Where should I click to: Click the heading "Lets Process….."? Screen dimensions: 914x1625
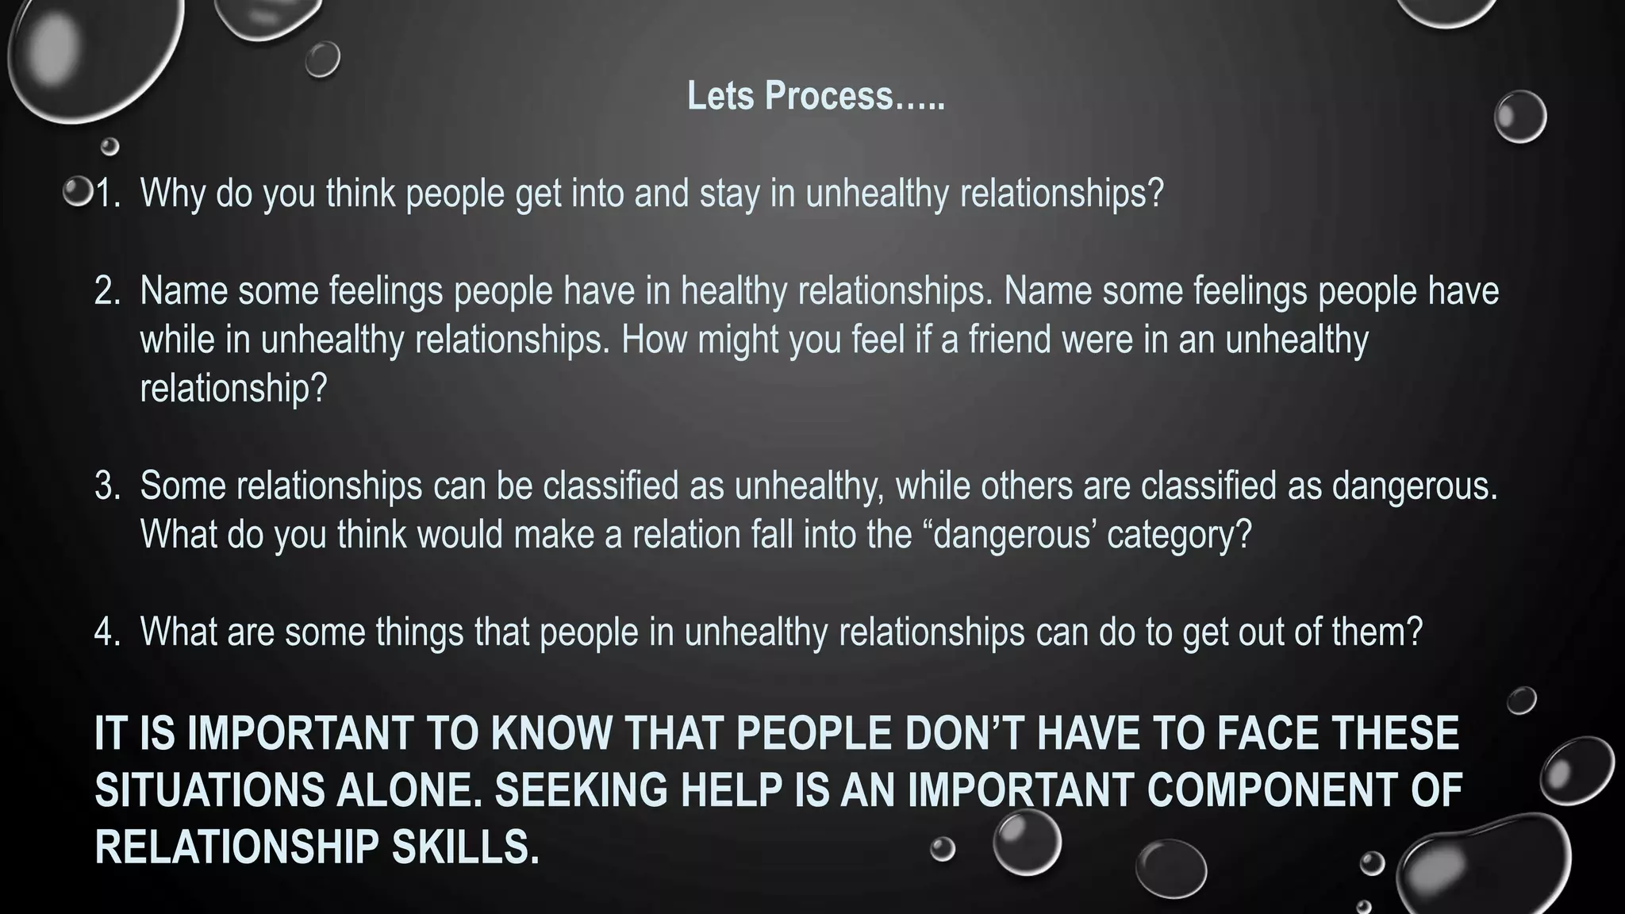coord(816,96)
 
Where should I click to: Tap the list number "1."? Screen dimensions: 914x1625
coord(107,194)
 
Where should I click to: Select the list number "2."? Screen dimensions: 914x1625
coord(107,291)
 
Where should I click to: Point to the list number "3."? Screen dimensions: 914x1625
coord(107,486)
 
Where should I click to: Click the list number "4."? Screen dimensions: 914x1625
coord(107,632)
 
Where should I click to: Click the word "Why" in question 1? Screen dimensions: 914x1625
coord(172,194)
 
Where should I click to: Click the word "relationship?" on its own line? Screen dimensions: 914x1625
coord(233,389)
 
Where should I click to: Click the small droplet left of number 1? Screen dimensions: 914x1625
coord(78,192)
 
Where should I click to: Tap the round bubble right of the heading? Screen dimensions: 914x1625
coord(1519,117)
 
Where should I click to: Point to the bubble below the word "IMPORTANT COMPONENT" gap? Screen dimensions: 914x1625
coord(1027,842)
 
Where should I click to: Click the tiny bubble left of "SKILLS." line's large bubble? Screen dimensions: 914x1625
coord(943,848)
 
